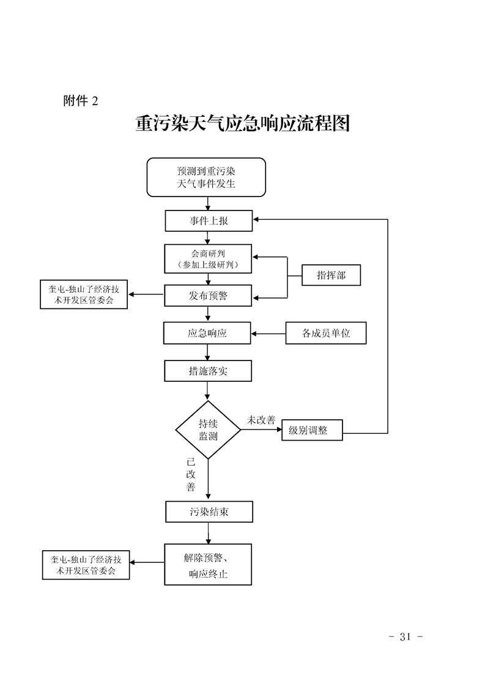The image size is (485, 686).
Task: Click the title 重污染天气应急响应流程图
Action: [x=242, y=124]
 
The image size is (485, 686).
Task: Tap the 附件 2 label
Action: [x=80, y=101]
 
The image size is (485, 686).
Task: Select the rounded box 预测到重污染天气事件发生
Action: [x=206, y=177]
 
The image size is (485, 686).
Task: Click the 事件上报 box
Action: [x=209, y=221]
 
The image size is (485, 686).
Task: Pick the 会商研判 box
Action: [x=209, y=259]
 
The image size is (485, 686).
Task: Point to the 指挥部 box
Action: [x=331, y=275]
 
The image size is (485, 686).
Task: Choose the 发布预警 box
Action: [x=209, y=296]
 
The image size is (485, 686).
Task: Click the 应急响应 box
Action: [x=207, y=334]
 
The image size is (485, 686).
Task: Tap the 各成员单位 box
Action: [x=326, y=334]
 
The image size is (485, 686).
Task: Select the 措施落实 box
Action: [x=207, y=371]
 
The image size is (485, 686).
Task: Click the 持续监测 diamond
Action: [x=208, y=430]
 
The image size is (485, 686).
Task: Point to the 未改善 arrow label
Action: [x=261, y=420]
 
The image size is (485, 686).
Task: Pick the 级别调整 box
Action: [x=312, y=430]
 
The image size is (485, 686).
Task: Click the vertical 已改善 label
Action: [x=191, y=474]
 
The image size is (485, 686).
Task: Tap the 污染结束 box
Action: [x=209, y=512]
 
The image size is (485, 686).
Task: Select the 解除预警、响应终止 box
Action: [x=208, y=564]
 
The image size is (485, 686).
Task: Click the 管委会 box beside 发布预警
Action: [x=84, y=295]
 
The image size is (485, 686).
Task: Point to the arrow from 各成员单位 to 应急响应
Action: [x=268, y=334]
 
